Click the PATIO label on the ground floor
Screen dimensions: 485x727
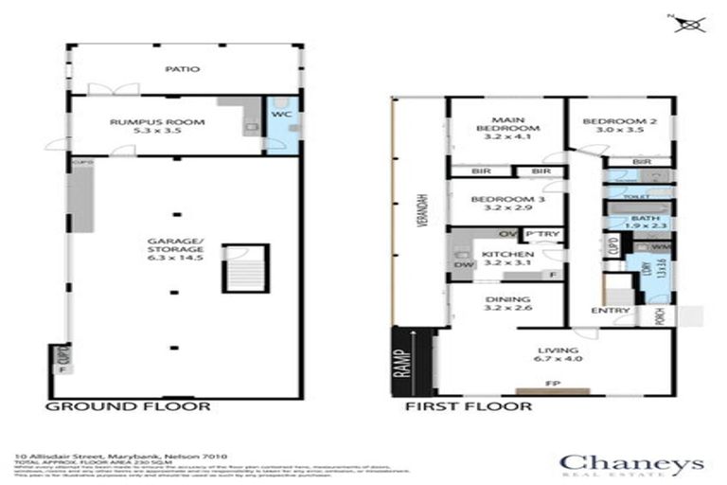[x=176, y=69]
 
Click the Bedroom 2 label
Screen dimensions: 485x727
[x=619, y=121]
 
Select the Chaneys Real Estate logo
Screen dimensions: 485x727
[x=631, y=464]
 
